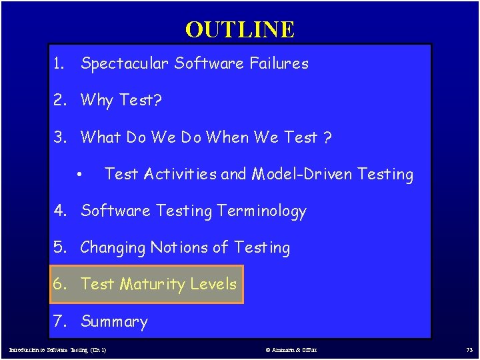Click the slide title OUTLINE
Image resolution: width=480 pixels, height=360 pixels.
click(x=239, y=29)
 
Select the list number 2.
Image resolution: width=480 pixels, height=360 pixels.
click(x=60, y=101)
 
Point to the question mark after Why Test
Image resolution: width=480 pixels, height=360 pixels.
click(x=158, y=101)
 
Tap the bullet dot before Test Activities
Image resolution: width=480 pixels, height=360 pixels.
click(x=79, y=175)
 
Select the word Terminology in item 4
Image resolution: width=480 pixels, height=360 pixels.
click(x=261, y=211)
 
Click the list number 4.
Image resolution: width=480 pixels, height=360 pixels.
click(x=60, y=211)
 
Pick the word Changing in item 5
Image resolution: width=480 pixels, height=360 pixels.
click(x=113, y=248)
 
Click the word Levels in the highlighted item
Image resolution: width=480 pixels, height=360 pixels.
click(x=213, y=284)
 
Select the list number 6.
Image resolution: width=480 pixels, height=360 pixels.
click(x=60, y=285)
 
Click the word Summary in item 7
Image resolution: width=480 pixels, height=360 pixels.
click(x=114, y=321)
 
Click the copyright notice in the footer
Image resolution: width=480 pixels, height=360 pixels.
click(x=291, y=349)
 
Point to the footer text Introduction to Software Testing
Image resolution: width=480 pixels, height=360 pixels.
click(x=57, y=349)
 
